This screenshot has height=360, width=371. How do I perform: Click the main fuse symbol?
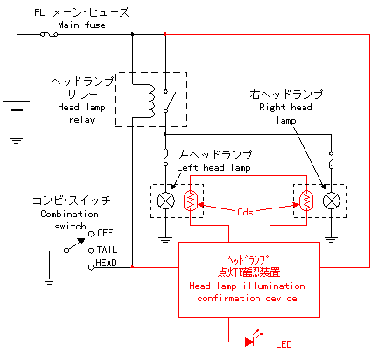coord(49,35)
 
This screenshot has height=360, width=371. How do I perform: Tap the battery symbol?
coord(17,105)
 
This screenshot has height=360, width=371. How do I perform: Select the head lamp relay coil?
coord(151,102)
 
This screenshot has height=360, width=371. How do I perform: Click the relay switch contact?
coord(169,102)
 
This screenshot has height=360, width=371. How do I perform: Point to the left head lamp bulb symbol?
coord(165,201)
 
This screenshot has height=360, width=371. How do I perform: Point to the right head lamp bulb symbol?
coord(332,201)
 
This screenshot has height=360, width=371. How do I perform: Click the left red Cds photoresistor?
coord(191,201)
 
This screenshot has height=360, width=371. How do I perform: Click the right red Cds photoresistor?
coord(306,201)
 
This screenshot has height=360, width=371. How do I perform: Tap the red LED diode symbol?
coord(250,340)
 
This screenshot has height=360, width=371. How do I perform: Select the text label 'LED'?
coord(283,344)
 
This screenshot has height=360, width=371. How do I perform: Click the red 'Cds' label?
coord(245,212)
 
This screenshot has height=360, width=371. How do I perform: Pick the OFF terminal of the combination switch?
coord(91,234)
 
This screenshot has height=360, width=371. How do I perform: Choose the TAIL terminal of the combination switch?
coord(91,251)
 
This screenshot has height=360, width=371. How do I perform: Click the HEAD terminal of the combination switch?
coord(91,267)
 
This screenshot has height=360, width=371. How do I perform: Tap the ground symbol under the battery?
coord(17,140)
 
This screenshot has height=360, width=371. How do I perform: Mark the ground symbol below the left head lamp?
coord(165,240)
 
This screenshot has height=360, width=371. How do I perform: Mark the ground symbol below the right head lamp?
coord(331,240)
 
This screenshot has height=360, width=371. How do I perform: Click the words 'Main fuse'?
coord(81,25)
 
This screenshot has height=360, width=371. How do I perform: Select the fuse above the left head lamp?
coord(165,157)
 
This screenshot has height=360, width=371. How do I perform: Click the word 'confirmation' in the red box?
coord(228,299)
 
